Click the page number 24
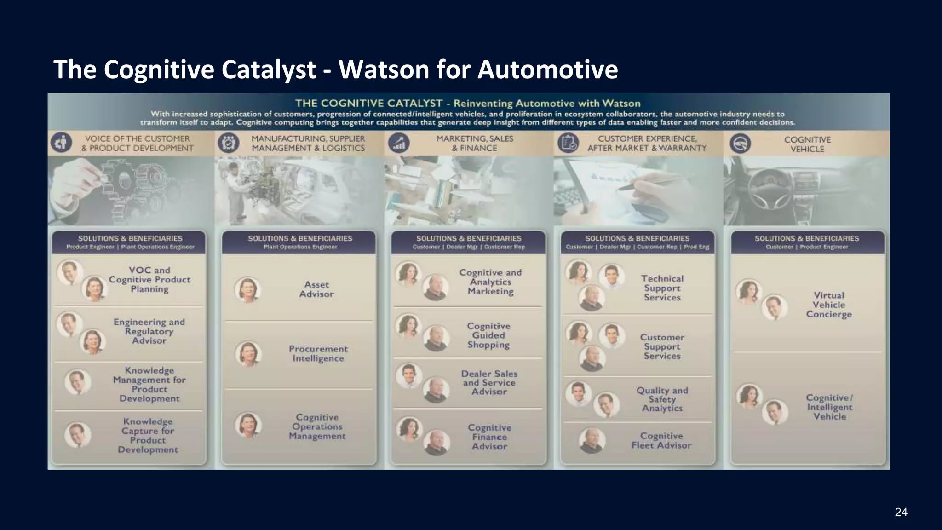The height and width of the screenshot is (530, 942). point(901,512)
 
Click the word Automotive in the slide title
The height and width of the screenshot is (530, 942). point(547,70)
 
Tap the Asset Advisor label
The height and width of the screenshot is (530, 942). point(316,289)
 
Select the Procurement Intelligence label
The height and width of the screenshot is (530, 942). point(318,354)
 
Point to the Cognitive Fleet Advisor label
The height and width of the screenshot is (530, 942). point(661,440)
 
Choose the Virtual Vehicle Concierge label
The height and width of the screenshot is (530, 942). point(829,305)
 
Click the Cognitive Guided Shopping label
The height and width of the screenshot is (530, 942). point(488,335)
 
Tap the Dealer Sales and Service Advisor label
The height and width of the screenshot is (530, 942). point(489,383)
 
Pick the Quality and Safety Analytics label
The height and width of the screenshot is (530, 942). point(662,399)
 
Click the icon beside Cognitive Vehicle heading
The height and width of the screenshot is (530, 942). point(740,144)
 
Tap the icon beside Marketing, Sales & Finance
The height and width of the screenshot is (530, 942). point(399,143)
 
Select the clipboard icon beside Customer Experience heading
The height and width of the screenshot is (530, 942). point(568,143)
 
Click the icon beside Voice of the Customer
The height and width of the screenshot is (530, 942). point(61,143)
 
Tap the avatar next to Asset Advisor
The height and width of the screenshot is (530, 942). point(247,290)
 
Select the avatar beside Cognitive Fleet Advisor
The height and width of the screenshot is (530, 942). point(592,441)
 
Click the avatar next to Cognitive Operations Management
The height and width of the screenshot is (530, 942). point(248,425)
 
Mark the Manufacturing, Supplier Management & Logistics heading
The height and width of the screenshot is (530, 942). point(308,143)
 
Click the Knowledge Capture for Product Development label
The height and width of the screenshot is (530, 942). point(148,435)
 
